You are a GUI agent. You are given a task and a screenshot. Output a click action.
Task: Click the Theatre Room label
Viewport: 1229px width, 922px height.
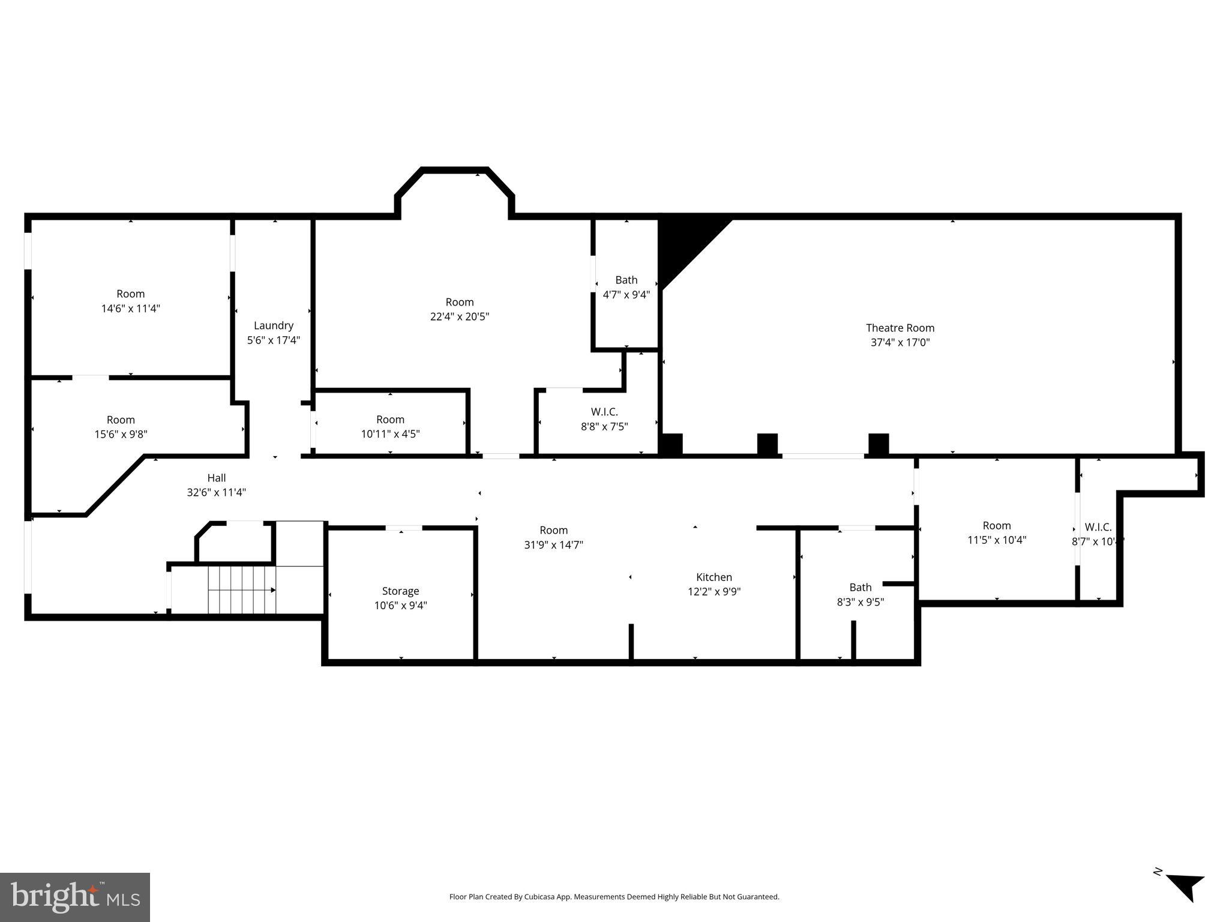coord(900,328)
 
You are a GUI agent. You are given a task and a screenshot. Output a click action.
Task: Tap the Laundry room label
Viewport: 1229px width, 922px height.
coord(273,325)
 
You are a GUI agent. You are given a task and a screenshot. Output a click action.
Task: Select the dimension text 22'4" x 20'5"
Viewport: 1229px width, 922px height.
coord(459,316)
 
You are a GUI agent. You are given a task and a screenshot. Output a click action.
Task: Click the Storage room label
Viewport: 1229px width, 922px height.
coord(400,591)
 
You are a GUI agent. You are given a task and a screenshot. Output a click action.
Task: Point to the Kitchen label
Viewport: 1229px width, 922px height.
coord(714,577)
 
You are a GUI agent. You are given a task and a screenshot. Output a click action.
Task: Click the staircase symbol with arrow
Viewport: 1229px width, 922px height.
coord(242,589)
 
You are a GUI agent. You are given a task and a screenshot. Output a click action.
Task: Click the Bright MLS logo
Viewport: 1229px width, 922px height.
coord(75,897)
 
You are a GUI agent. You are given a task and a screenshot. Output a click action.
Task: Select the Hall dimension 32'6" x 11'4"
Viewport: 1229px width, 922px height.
coord(216,492)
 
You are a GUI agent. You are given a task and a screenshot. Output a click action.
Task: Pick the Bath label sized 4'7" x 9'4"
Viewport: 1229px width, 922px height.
coord(626,280)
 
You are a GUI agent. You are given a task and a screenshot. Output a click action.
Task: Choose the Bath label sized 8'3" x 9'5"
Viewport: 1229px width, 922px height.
coord(860,587)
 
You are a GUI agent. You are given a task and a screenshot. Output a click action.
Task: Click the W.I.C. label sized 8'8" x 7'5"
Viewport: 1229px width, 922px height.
coord(604,412)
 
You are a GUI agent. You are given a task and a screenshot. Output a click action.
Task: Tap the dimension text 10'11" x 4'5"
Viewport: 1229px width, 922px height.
coord(390,433)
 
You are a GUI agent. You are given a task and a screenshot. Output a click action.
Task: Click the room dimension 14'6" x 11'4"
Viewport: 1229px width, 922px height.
coord(130,309)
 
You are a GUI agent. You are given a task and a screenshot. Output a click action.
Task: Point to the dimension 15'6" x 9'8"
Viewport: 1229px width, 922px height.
coord(121,434)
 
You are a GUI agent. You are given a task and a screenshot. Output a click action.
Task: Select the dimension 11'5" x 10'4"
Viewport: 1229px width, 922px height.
coord(996,540)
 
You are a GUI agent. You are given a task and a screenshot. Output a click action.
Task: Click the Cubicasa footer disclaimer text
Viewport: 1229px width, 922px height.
coord(614,897)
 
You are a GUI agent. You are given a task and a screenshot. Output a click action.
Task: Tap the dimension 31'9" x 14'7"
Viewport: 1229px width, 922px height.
coord(553,544)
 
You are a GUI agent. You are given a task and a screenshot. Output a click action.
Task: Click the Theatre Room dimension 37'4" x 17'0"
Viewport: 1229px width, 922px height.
coord(900,342)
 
